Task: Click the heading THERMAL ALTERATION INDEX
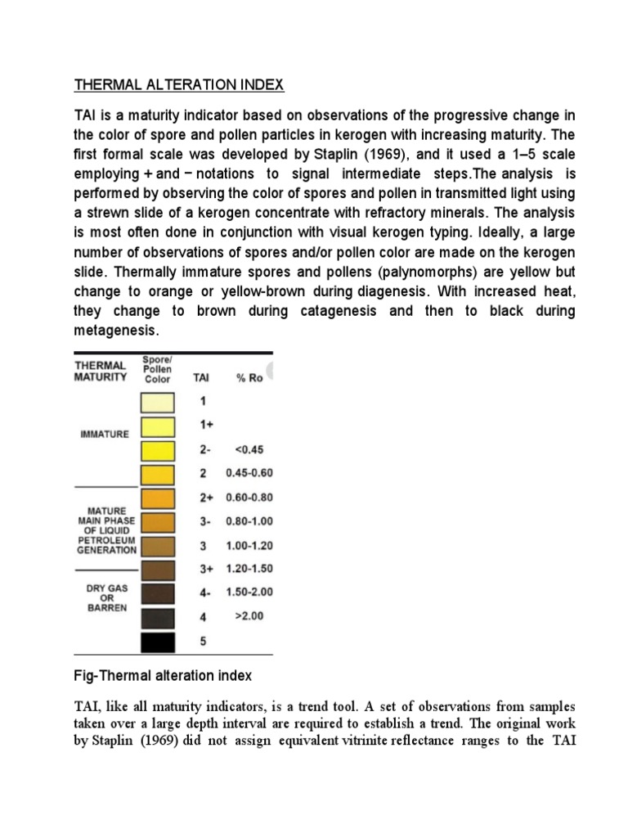(180, 84)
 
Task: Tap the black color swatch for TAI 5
(157, 642)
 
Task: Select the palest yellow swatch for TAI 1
(157, 403)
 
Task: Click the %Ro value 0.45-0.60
(249, 473)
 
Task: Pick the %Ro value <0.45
(249, 449)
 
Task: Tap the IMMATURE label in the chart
(105, 434)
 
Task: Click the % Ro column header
(249, 378)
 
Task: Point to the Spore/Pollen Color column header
(157, 369)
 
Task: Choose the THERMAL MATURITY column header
(101, 371)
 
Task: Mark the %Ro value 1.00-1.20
(249, 545)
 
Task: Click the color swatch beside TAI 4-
(157, 592)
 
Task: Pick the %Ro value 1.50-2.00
(249, 592)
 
